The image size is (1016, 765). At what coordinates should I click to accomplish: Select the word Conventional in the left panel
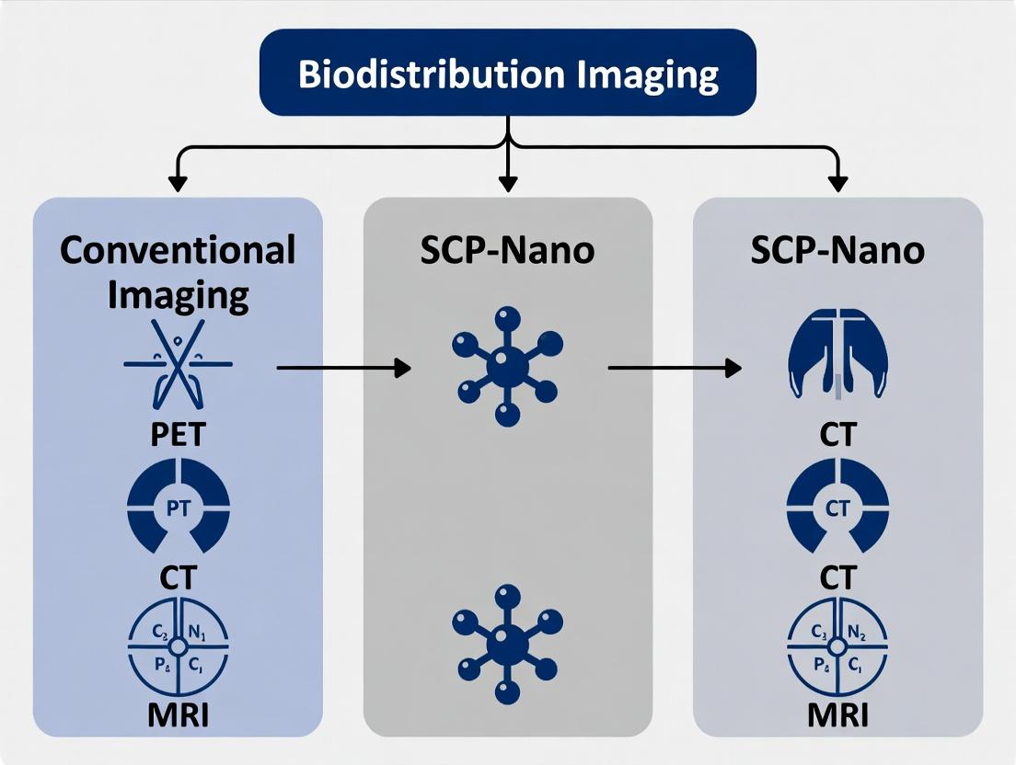click(x=179, y=249)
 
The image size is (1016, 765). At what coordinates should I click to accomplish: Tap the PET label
click(x=179, y=434)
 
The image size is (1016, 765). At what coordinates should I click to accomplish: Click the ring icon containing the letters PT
click(x=179, y=506)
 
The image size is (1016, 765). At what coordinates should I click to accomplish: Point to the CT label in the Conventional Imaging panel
click(x=179, y=577)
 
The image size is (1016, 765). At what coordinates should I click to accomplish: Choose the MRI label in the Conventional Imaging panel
click(x=179, y=714)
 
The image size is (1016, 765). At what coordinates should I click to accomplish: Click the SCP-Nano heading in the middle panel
click(x=507, y=250)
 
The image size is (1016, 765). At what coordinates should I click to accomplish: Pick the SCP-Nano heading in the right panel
click(x=837, y=250)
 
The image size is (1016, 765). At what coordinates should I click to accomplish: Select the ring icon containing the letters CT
click(x=837, y=507)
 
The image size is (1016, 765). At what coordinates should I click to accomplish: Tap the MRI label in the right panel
click(x=837, y=714)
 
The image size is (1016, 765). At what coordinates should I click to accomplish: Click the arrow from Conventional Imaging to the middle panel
click(x=343, y=368)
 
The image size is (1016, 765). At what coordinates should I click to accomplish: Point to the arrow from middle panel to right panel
click(x=675, y=368)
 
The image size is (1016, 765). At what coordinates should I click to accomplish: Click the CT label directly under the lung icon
click(x=837, y=434)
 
